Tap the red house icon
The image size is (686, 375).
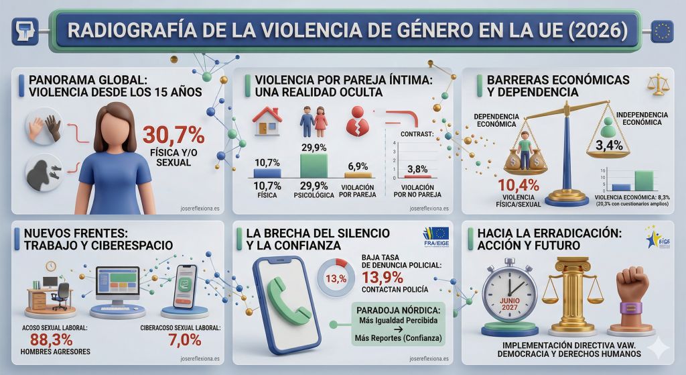267,121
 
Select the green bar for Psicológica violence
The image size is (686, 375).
314,165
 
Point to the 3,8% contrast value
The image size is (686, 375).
417,169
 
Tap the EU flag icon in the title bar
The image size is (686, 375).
663,30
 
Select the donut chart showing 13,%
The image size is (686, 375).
335,278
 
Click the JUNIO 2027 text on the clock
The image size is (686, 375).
510,302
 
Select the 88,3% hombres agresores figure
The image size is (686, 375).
52,340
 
